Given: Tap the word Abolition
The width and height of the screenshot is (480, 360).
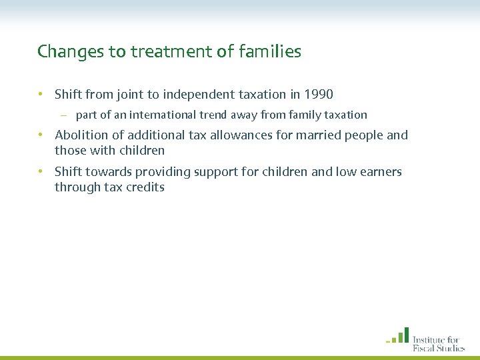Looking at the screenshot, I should [x=81, y=135].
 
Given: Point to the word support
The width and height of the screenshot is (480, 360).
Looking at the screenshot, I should [x=218, y=172].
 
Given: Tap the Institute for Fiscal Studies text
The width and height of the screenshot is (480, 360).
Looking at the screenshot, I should [x=438, y=342].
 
